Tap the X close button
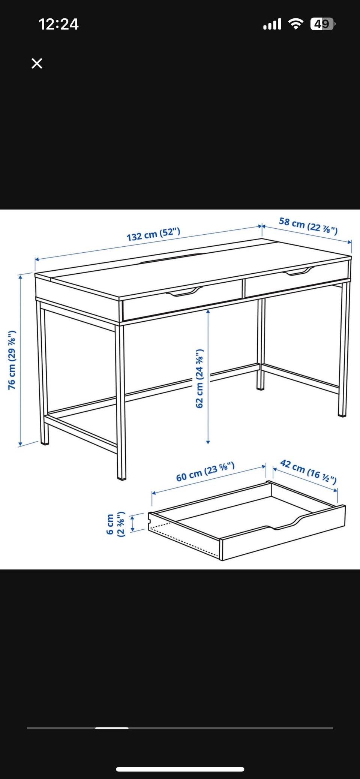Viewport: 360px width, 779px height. coord(37,63)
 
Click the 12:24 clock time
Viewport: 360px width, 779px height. coord(58,24)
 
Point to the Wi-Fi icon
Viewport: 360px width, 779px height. coord(296,24)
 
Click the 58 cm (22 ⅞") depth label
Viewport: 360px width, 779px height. coord(308,225)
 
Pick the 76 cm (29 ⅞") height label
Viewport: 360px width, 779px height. coord(12,360)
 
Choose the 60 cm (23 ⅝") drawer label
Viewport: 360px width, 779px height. coord(205,472)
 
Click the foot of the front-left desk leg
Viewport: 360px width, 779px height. coord(121,478)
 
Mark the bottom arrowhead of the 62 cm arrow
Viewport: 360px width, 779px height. coord(208,442)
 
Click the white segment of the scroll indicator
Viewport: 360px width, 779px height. coord(112,728)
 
